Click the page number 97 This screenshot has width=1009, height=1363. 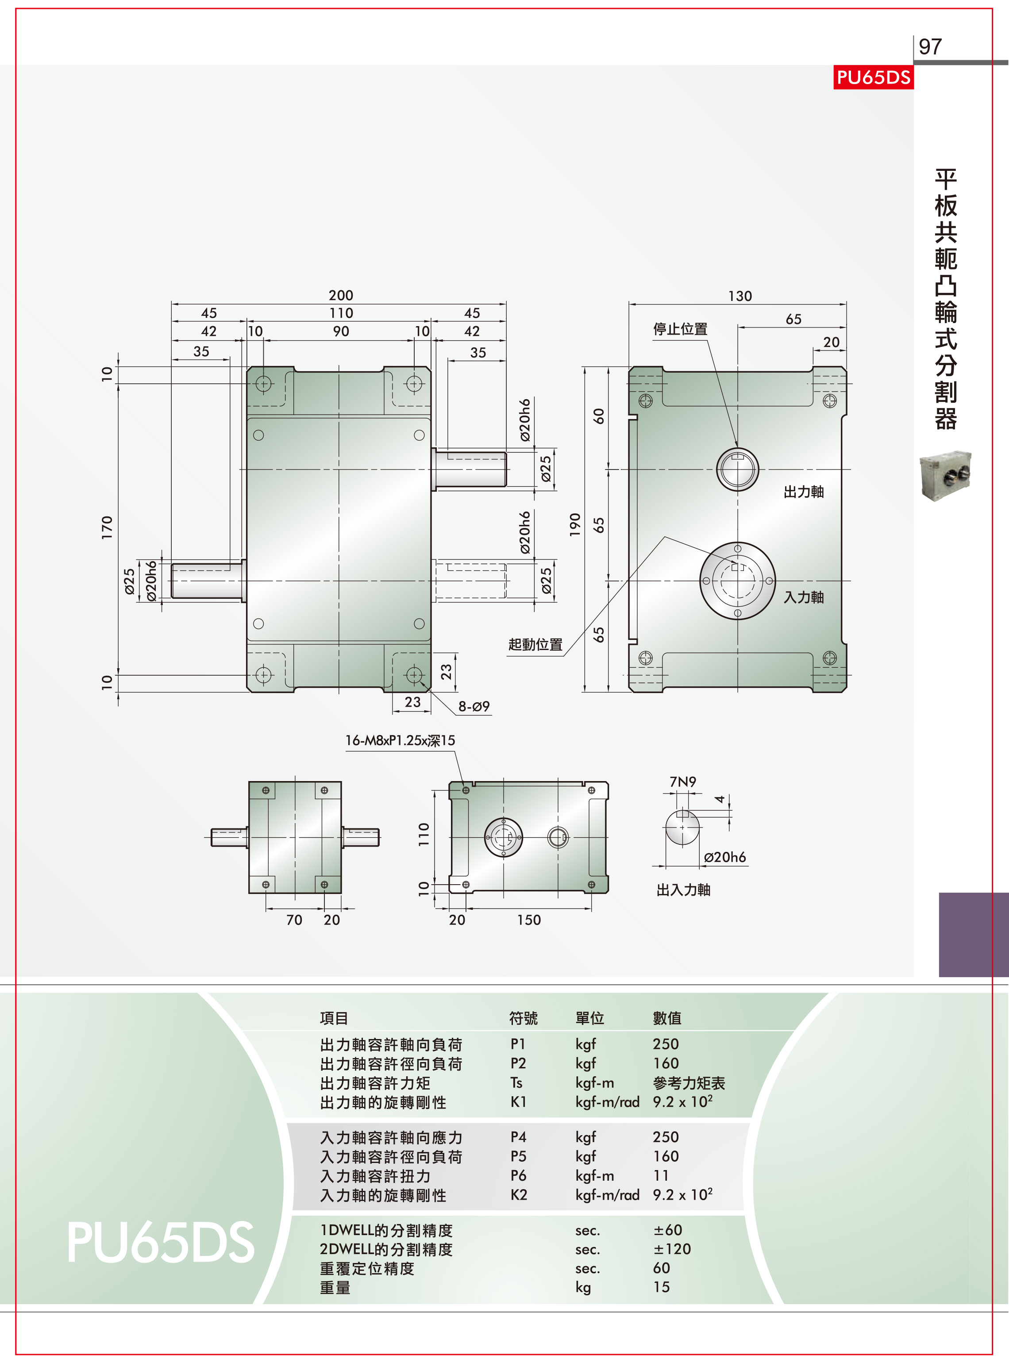pyautogui.click(x=930, y=46)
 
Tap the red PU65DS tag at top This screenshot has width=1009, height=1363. pyautogui.click(x=874, y=77)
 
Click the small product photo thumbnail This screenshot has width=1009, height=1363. pyautogui.click(x=945, y=476)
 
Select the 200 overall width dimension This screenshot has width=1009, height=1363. pyautogui.click(x=341, y=296)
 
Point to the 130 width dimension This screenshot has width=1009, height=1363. pyautogui.click(x=739, y=296)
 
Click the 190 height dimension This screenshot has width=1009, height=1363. pyautogui.click(x=575, y=524)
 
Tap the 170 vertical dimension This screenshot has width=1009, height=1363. pyautogui.click(x=107, y=527)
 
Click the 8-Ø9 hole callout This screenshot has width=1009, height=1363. pyautogui.click(x=474, y=707)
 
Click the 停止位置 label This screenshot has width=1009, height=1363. pyautogui.click(x=680, y=329)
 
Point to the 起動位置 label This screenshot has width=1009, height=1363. pyautogui.click(x=535, y=645)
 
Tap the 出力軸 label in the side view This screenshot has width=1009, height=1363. pyautogui.click(x=804, y=492)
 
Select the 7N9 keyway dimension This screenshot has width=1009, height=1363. pyautogui.click(x=683, y=782)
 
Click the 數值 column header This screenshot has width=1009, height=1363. pyautogui.click(x=667, y=1018)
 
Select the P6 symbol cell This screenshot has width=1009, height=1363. pyautogui.click(x=519, y=1175)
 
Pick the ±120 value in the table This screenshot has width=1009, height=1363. pyautogui.click(x=672, y=1249)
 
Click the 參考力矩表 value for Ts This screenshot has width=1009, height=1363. pyautogui.click(x=689, y=1083)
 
